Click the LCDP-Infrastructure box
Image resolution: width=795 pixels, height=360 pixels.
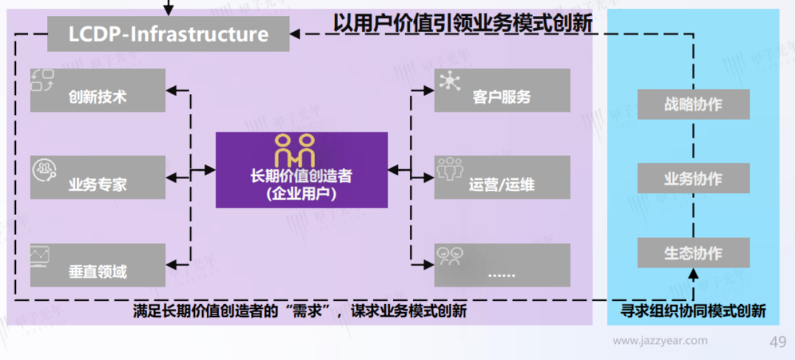coord(169,34)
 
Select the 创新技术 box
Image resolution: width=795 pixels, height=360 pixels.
coord(98,91)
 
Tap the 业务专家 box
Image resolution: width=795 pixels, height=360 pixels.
coord(98,177)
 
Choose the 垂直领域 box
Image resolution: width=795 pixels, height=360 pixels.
coord(98,264)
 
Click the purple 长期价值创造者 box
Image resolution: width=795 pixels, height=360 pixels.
coord(301,170)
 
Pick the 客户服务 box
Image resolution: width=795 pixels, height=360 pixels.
coord(502,91)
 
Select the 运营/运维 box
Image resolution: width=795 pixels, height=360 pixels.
coord(502,177)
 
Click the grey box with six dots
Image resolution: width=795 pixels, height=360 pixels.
coord(502,264)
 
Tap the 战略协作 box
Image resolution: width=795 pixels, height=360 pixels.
coord(693,105)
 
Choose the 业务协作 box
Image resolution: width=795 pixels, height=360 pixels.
coord(693,179)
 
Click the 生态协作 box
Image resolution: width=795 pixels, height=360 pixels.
coord(693,253)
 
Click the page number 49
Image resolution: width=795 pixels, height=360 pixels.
coord(777,342)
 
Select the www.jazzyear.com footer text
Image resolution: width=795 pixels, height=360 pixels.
coord(660,341)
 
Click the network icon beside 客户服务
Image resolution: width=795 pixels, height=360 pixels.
coord(448,81)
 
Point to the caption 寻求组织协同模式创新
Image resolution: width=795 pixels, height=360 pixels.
coord(693,311)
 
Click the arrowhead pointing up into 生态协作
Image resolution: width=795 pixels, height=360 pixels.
coord(693,275)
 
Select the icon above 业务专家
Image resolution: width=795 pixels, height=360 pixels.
coord(42,169)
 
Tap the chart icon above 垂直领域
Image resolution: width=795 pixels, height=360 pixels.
coord(40,255)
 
